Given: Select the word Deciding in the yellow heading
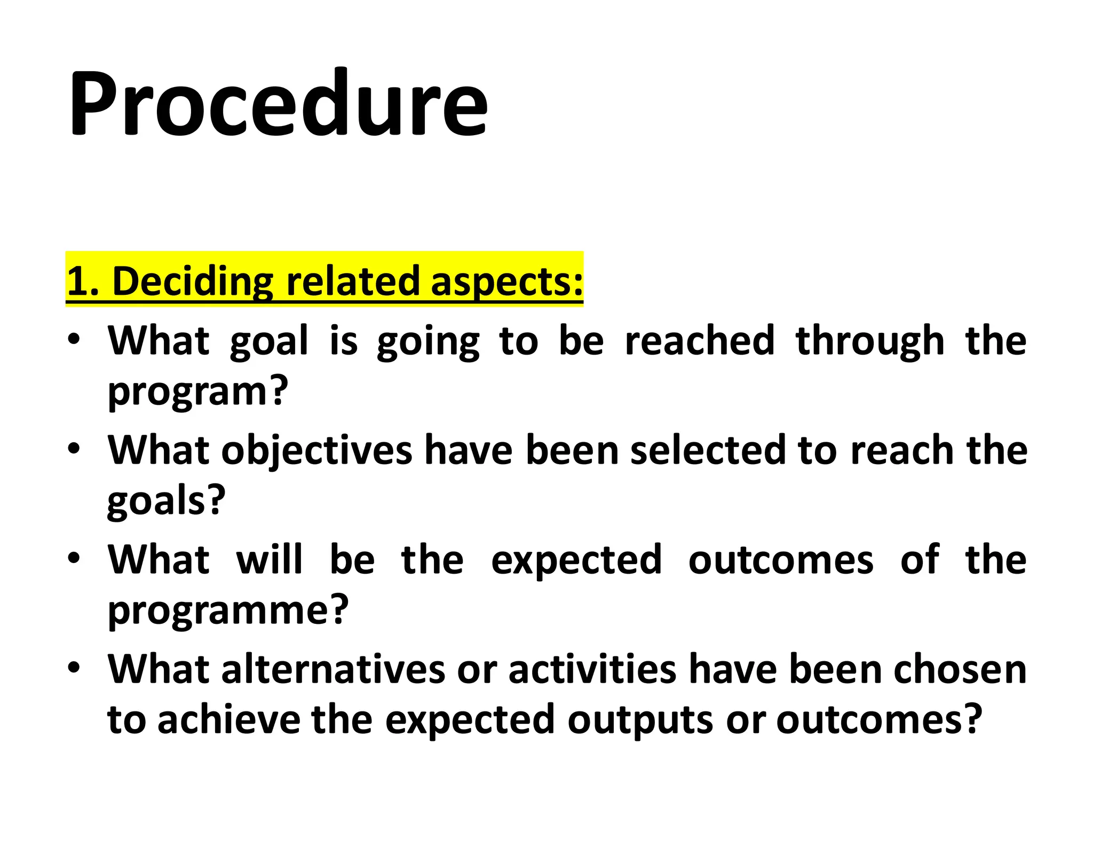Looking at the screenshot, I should [x=193, y=281].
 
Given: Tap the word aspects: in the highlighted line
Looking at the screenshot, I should [x=506, y=281].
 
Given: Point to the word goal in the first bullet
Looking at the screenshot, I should [x=269, y=342].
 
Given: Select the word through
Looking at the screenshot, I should [x=869, y=342].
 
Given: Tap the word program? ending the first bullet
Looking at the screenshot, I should [x=198, y=393].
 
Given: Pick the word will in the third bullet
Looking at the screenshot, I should [x=270, y=560].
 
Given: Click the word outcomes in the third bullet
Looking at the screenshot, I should [x=781, y=560].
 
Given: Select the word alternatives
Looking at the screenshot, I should [x=334, y=669].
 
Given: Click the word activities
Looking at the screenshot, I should [x=592, y=669].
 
